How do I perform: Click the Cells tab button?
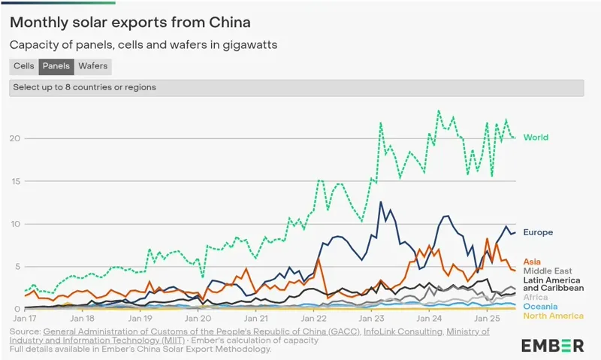24,66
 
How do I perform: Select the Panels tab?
56,66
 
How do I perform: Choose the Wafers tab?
93,66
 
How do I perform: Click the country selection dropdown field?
296,87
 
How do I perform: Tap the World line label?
536,138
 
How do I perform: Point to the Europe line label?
538,232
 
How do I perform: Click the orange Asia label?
532,262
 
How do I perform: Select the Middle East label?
548,271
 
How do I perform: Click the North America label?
553,316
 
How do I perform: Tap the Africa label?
536,297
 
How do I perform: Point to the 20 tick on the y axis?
16,138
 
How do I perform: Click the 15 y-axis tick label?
16,181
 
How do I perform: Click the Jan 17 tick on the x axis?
24,318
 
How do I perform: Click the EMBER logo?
552,345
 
